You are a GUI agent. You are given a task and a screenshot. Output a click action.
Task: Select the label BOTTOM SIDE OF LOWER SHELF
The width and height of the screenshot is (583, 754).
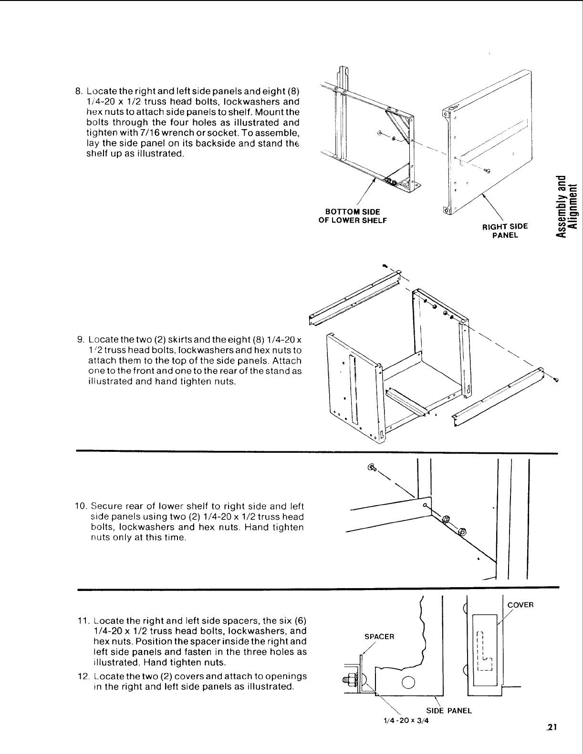point(352,216)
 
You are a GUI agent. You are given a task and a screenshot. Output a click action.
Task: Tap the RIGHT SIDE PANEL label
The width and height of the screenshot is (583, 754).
point(505,231)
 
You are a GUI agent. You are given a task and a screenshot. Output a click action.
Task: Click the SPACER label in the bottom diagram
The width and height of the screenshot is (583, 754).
point(379,637)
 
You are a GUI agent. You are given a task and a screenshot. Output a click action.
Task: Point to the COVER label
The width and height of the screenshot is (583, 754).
point(520,605)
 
